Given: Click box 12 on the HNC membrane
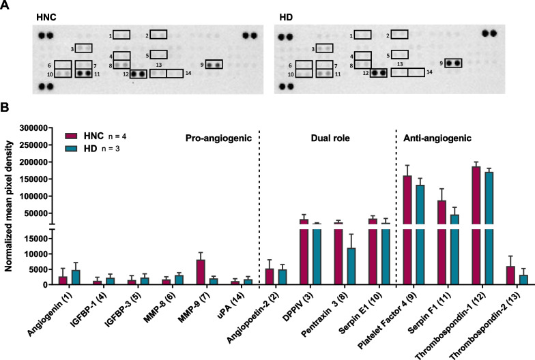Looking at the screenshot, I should (138, 74).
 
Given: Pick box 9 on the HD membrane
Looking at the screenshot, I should (453, 63).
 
